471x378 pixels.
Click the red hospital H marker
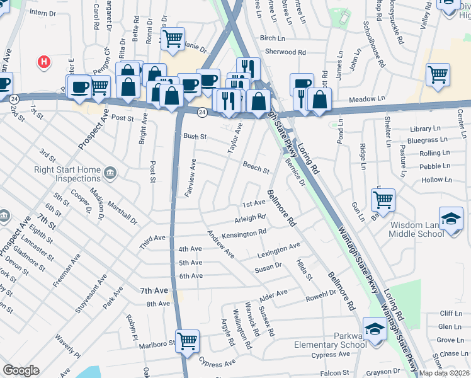click(43, 62)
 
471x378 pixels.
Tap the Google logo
click(21, 370)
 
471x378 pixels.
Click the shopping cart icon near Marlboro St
click(187, 341)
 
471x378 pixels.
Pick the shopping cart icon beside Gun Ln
click(383, 200)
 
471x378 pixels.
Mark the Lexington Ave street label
click(279, 250)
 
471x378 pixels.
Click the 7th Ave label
click(154, 290)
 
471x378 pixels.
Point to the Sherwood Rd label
click(285, 52)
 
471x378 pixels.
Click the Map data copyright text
click(445, 373)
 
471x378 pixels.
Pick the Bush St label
click(195, 136)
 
